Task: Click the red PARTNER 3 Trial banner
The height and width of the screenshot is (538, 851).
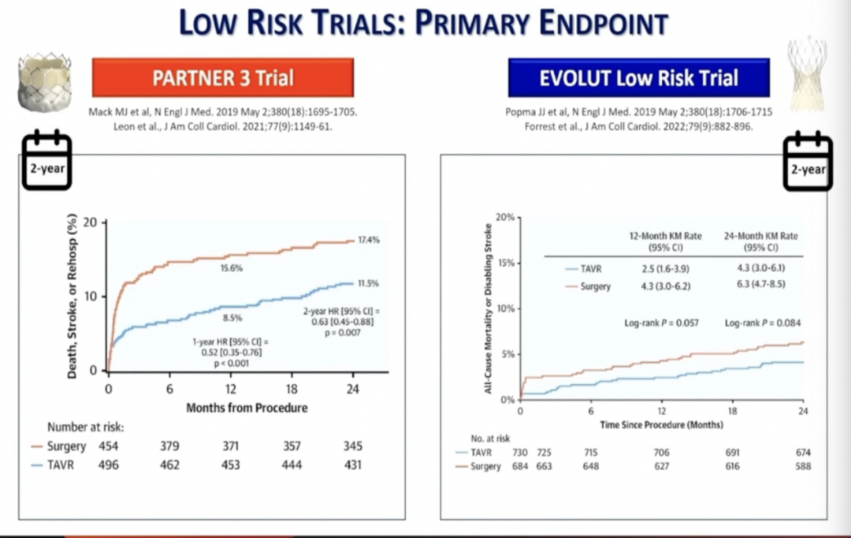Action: (223, 78)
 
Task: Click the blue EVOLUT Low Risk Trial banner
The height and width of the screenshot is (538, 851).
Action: (638, 78)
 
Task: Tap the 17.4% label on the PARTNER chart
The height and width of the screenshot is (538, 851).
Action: (367, 240)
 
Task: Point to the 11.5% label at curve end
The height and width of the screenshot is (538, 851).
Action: (367, 282)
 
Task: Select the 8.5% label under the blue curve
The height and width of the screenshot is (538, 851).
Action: (232, 319)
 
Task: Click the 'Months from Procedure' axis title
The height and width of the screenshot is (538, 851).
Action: (247, 408)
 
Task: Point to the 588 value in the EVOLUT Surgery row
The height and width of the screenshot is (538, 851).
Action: (803, 466)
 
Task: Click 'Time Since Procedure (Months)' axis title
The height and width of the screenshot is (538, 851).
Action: (662, 424)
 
